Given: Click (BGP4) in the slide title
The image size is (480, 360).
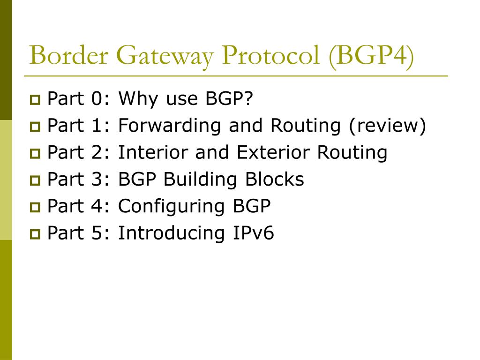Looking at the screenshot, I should [372, 56].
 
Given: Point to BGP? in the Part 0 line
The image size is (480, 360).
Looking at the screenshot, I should [229, 99].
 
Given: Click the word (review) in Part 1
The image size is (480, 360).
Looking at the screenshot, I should [387, 126].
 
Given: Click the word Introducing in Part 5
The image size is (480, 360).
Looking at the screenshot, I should [172, 233].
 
